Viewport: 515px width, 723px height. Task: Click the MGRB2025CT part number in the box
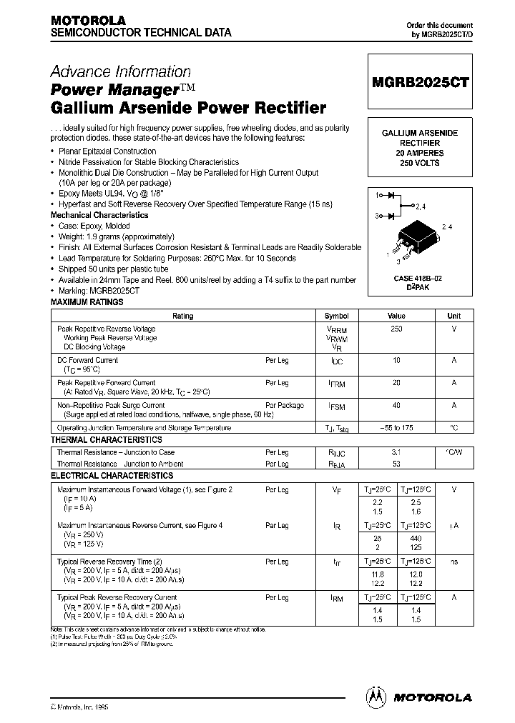pyautogui.click(x=420, y=82)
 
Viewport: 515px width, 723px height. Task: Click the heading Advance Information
pyautogui.click(x=120, y=72)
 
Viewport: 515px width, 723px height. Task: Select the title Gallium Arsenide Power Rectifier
pyautogui.click(x=188, y=109)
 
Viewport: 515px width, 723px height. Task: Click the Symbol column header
pyautogui.click(x=337, y=316)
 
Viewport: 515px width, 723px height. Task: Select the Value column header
pyautogui.click(x=396, y=316)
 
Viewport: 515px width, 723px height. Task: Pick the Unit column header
pyautogui.click(x=454, y=316)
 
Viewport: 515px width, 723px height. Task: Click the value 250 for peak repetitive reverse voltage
pyautogui.click(x=396, y=329)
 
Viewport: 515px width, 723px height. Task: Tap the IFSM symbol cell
pyautogui.click(x=337, y=406)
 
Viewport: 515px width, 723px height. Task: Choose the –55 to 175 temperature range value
pyautogui.click(x=396, y=427)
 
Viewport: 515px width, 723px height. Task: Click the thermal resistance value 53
pyautogui.click(x=396, y=464)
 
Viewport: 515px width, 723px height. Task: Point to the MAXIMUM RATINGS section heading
pyautogui.click(x=87, y=303)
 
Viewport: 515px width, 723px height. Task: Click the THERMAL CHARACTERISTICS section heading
pyautogui.click(x=106, y=440)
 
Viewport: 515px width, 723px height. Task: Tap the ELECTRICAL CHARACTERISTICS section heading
pyautogui.click(x=112, y=476)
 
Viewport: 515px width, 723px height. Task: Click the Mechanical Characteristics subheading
pyautogui.click(x=99, y=215)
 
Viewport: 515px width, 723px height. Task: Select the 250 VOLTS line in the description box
pyautogui.click(x=420, y=164)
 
